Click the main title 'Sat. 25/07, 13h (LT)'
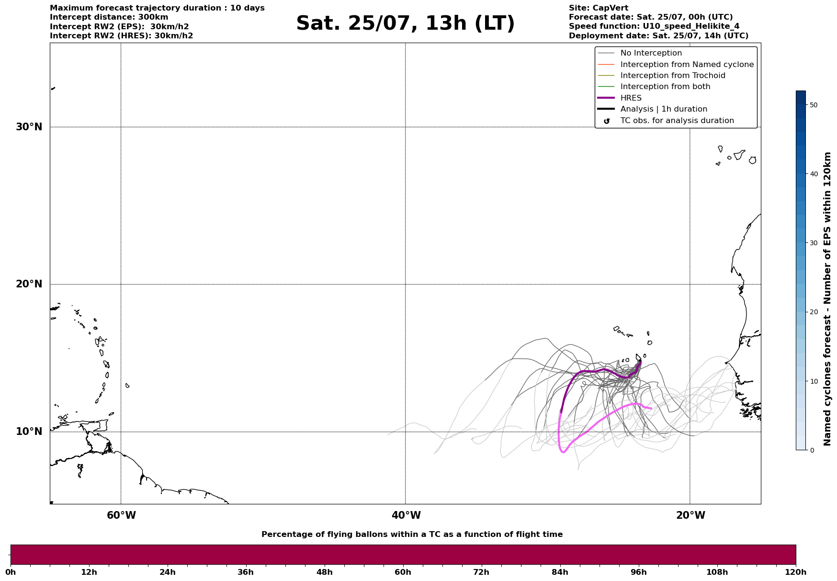(405, 24)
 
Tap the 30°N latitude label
(29, 127)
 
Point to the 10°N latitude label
(29, 432)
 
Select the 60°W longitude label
(121, 515)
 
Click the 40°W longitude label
(406, 515)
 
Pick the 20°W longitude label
(690, 515)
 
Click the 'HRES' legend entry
(631, 98)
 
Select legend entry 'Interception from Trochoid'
(673, 76)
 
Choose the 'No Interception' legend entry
(651, 53)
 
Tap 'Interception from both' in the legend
(666, 87)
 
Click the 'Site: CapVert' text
(599, 8)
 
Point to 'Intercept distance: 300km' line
(109, 17)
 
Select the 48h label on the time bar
(324, 572)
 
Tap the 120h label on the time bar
(796, 572)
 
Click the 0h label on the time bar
(11, 572)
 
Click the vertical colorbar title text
(827, 299)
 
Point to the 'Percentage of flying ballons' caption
(412, 535)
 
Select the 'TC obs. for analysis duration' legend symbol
(607, 121)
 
